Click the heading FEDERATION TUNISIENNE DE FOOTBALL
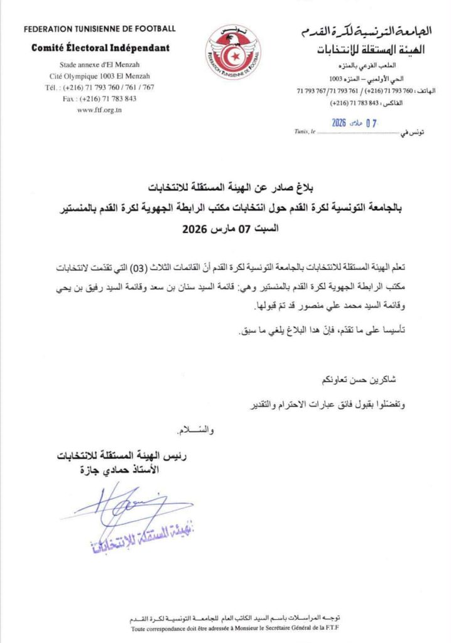(x=100, y=29)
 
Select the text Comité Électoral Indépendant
(x=100, y=48)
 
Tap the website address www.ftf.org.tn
(x=100, y=109)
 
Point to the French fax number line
(x=100, y=99)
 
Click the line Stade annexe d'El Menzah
(x=100, y=65)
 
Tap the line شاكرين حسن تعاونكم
(x=359, y=381)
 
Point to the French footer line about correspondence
(x=229, y=628)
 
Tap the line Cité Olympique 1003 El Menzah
(x=100, y=76)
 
